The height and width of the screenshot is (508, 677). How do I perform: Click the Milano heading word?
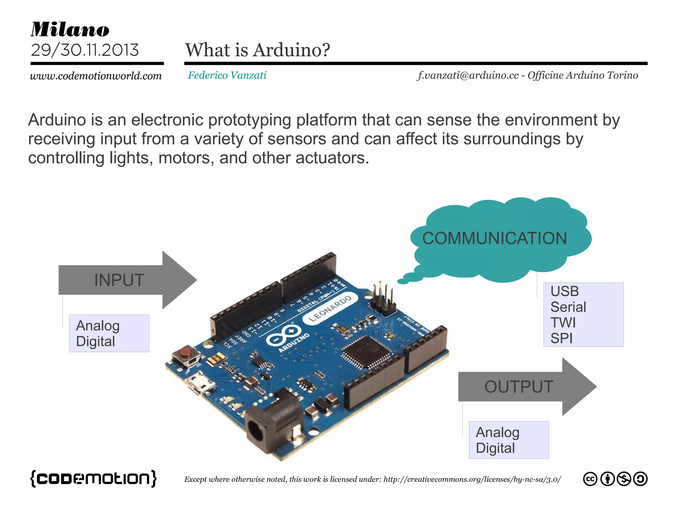pos(70,29)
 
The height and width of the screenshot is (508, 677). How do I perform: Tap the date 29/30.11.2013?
pos(85,50)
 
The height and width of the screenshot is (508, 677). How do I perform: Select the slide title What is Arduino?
pos(258,50)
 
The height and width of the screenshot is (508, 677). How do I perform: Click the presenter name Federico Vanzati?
pos(227,75)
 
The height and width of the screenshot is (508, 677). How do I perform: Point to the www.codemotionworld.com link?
pos(96,76)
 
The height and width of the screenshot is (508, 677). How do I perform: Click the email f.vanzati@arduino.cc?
pos(468,75)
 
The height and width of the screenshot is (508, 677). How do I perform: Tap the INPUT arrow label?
pos(119,280)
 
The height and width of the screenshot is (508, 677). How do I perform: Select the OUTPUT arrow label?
pos(519,387)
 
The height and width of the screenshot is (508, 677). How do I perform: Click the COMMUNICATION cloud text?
pos(495,238)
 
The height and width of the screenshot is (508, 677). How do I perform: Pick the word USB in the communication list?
pos(565,291)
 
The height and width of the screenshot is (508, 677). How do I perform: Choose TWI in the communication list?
pos(563,322)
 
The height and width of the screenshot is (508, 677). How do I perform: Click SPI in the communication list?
pos(561,338)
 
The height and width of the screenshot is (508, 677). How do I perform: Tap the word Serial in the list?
pos(568,307)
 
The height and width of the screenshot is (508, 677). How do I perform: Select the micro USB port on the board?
pos(200,383)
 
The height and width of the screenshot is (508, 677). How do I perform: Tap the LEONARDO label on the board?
pos(330,309)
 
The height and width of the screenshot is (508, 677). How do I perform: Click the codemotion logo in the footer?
pos(93,478)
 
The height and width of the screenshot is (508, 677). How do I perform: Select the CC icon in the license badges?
pos(590,479)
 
